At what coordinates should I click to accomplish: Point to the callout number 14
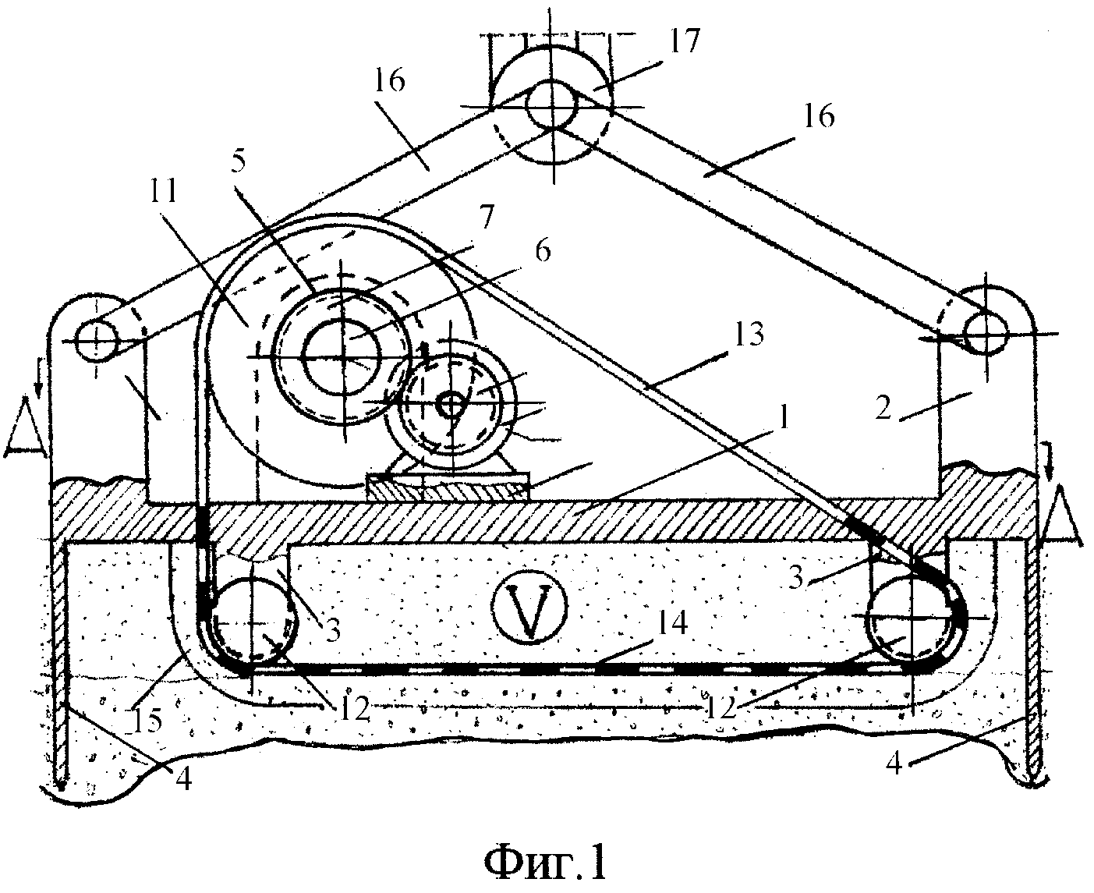(x=671, y=624)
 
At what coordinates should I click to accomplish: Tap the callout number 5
(x=238, y=162)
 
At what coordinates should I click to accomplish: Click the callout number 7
(x=486, y=216)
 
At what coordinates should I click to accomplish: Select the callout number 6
(x=543, y=251)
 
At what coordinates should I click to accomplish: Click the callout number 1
(x=783, y=416)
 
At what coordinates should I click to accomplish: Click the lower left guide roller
(x=253, y=624)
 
